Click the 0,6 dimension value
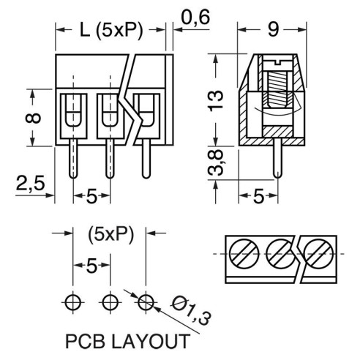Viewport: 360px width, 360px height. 195,18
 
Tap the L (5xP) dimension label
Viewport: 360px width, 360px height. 111,31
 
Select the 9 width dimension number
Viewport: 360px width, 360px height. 273,30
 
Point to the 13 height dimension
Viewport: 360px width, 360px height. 216,101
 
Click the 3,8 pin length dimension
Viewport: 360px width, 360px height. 216,162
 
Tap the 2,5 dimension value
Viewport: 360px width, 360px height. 31,183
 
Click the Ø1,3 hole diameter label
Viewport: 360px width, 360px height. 191,310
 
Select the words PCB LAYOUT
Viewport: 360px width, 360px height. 128,342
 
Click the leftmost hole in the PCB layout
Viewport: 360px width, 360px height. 73,302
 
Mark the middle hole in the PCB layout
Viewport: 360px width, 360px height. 110,302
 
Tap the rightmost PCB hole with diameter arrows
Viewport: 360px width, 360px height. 146,302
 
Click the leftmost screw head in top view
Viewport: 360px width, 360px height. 244,254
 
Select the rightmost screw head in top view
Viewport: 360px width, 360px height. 319,254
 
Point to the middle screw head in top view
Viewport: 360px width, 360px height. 281,254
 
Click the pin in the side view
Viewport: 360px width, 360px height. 277,159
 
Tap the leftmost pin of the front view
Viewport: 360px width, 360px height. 73,159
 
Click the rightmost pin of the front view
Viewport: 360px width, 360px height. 146,159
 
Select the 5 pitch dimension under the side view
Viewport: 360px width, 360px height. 258,196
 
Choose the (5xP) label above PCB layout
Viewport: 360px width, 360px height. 111,235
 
